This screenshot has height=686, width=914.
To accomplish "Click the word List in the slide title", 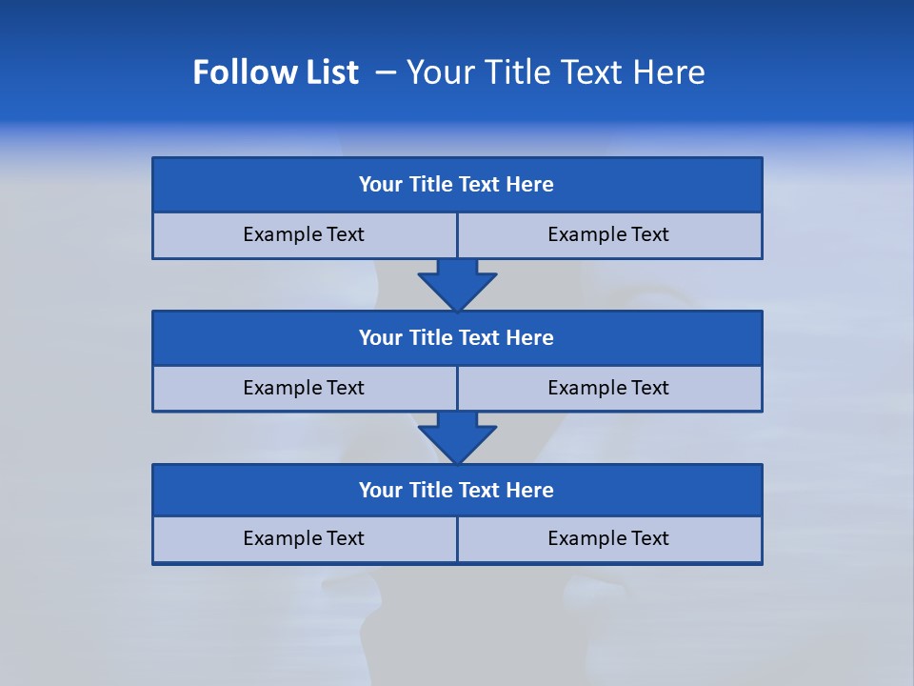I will click(329, 72).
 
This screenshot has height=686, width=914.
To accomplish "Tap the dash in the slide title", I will click(386, 72).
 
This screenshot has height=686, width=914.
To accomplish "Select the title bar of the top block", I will click(457, 185).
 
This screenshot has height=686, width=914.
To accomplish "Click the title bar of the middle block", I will click(457, 338).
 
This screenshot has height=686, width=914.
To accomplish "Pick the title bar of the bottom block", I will click(457, 491).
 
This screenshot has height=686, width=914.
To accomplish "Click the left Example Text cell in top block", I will click(304, 234).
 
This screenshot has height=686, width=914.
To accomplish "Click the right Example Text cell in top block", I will click(609, 234).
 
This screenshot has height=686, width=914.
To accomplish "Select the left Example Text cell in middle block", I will click(304, 388).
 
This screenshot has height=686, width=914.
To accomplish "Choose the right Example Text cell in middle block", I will click(609, 388).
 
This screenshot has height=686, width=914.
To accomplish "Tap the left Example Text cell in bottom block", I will click(304, 538).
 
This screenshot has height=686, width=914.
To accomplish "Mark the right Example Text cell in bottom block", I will click(609, 538).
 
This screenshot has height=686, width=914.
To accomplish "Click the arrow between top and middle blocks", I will click(457, 284).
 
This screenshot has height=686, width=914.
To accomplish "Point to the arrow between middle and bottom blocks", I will click(457, 437).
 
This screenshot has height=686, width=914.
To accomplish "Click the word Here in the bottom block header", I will click(530, 491).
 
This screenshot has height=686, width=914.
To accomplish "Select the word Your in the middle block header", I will click(381, 338).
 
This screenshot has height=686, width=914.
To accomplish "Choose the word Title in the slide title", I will click(515, 72).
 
